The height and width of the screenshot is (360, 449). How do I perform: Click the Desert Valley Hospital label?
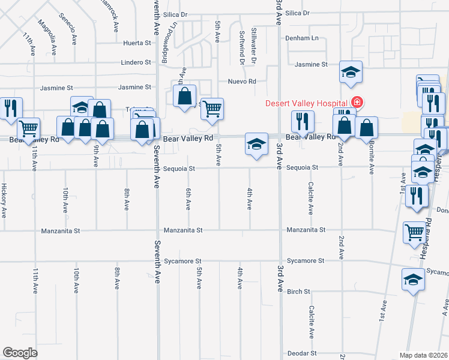tap(307, 103)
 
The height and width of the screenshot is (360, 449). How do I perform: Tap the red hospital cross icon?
tap(357, 103)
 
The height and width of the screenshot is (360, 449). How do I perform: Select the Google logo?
tap(20, 352)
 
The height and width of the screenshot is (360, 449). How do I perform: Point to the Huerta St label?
tap(137, 43)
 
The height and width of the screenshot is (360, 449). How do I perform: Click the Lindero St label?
tap(136, 62)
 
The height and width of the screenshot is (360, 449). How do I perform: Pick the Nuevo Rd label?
tap(242, 82)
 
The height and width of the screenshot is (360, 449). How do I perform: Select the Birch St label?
tap(298, 292)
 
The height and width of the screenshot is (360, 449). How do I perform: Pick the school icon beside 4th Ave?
tap(256, 145)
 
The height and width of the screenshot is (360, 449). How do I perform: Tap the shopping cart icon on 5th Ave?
tap(212, 109)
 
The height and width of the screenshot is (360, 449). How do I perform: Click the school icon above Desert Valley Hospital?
tap(351, 73)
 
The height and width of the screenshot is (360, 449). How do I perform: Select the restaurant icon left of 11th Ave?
tap(11, 108)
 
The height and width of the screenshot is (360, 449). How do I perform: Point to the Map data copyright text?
tap(424, 355)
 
